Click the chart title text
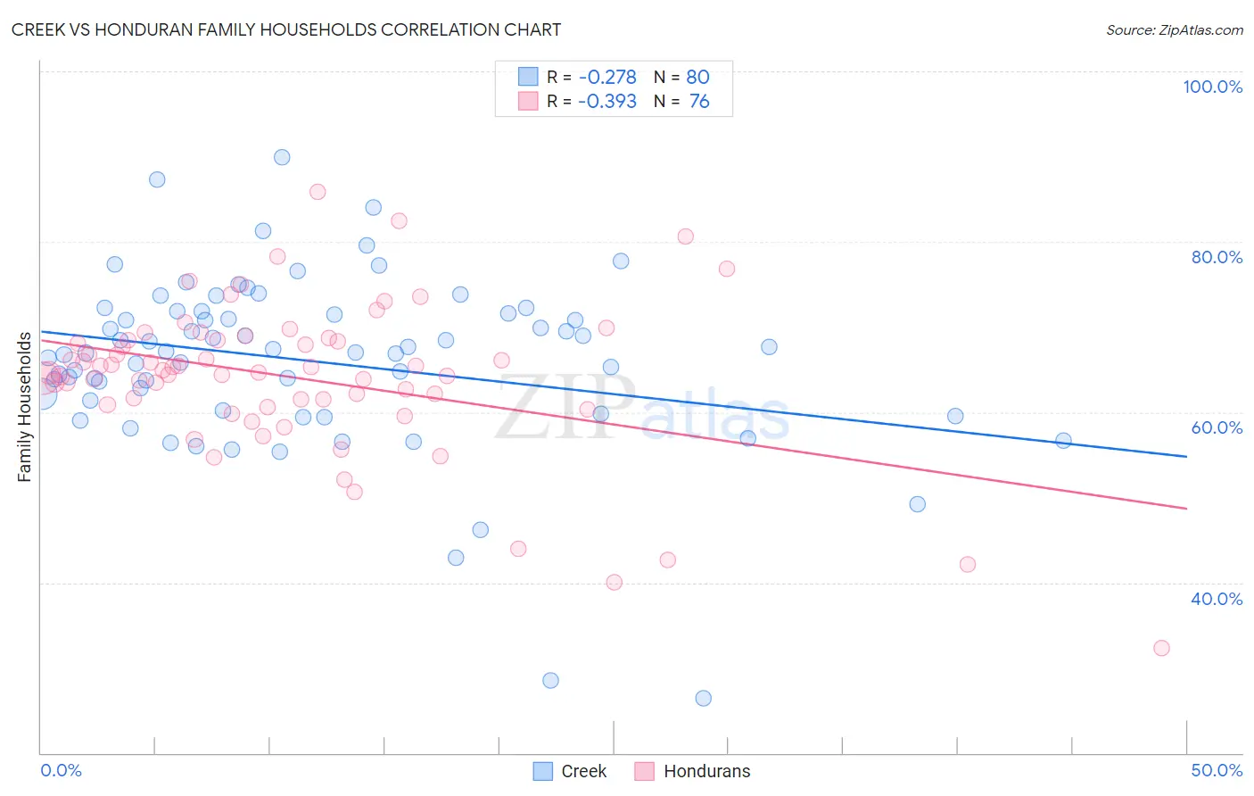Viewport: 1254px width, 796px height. (286, 29)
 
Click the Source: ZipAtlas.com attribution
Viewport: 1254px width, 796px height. (1174, 29)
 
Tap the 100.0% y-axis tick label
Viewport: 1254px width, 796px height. (1212, 87)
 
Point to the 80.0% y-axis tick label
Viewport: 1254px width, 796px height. (1217, 257)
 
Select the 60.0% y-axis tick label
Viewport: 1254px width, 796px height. (1217, 427)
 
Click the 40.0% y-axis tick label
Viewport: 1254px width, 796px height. (1217, 599)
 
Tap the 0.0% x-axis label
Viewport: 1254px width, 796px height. (61, 770)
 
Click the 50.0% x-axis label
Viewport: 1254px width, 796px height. (1217, 770)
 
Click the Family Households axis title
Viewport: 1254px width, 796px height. (24, 407)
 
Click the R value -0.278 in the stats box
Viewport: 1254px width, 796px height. (607, 78)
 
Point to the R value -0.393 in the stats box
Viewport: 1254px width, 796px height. (607, 102)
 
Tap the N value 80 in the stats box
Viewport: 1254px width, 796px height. (697, 78)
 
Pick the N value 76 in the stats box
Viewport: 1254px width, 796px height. (699, 102)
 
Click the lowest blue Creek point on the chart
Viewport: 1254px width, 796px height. (704, 698)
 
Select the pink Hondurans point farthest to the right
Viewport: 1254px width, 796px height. (1161, 648)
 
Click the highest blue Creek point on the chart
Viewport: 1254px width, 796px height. (282, 157)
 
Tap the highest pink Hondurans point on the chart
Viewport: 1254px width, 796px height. (318, 192)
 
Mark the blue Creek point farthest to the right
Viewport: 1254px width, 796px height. (1063, 441)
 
